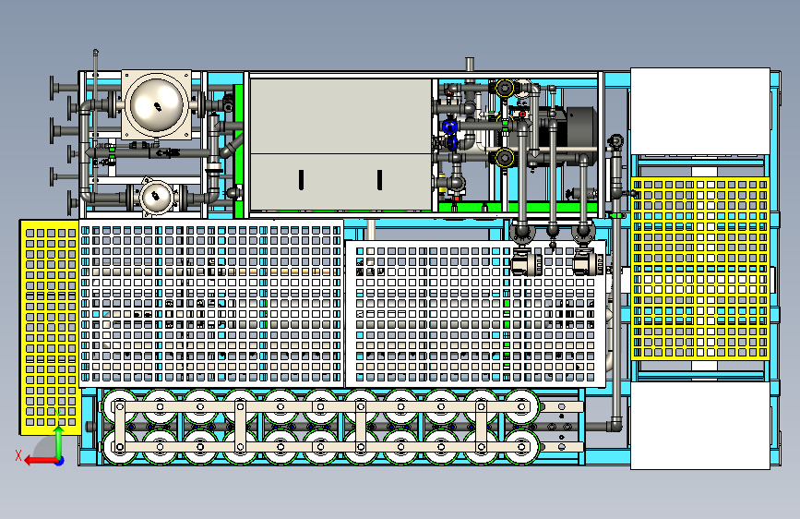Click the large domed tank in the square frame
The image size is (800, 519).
point(157,104)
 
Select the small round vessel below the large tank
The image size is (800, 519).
point(156,196)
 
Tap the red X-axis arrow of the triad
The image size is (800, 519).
point(41,461)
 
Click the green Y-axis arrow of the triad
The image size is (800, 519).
point(59,441)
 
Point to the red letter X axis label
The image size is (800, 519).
point(18,455)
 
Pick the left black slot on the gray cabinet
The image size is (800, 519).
point(302,180)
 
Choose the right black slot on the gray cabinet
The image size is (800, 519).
point(379,180)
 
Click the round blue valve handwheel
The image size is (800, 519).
point(449,127)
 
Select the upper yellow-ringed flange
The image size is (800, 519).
point(505,89)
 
